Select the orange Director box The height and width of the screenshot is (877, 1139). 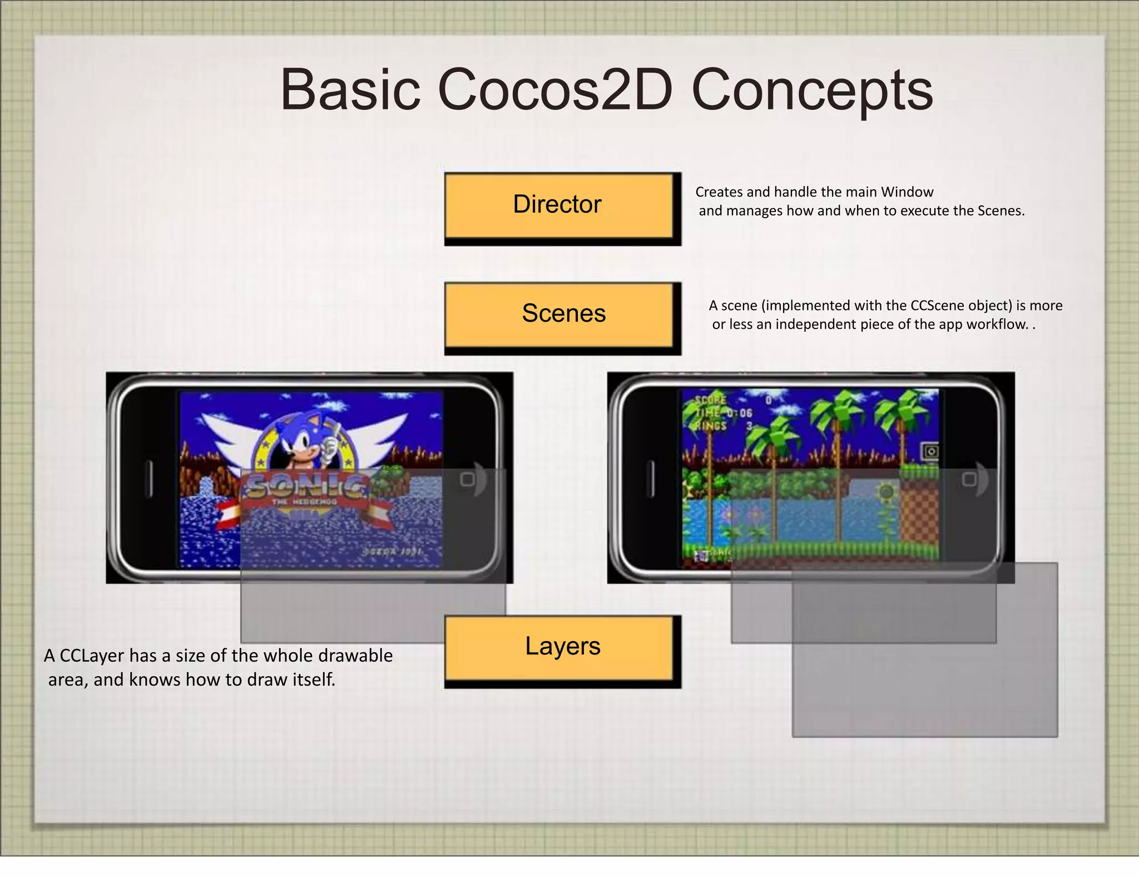[x=559, y=205]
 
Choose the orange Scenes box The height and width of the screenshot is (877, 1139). [x=559, y=314]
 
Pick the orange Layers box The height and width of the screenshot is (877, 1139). [x=559, y=647]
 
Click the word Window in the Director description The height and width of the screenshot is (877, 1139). [x=907, y=192]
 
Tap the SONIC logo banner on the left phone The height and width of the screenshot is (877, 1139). [x=306, y=490]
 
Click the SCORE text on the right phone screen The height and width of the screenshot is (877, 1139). [x=711, y=400]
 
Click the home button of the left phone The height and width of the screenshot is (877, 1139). [x=468, y=479]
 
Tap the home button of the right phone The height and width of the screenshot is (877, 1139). [x=969, y=479]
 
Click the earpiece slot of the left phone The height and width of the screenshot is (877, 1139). [x=148, y=479]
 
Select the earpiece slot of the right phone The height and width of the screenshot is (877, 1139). [x=651, y=479]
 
